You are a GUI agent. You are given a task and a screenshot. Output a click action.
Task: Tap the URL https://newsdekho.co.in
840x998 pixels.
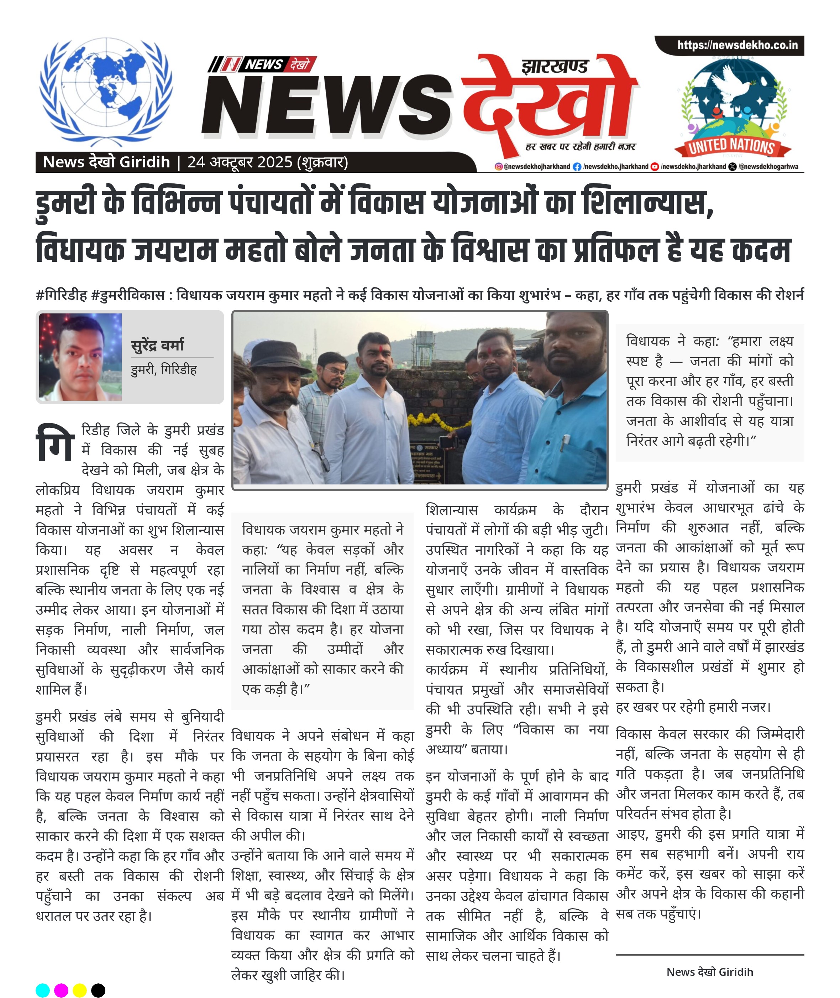point(737,45)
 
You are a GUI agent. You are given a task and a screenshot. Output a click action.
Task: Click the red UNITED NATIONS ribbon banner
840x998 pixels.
point(731,146)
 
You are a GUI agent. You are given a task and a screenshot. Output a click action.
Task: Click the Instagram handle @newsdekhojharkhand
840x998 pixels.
point(532,167)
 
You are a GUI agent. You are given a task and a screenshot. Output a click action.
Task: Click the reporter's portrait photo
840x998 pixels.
point(80,357)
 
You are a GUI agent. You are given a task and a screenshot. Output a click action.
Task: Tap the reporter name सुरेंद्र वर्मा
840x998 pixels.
point(157,344)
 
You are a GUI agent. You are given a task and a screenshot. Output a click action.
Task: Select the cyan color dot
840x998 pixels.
point(43,990)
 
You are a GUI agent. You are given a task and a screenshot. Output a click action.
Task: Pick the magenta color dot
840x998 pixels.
point(61,990)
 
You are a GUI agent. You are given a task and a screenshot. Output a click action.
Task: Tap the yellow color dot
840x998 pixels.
point(79,990)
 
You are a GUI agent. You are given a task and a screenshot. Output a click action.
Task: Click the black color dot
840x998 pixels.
point(98,990)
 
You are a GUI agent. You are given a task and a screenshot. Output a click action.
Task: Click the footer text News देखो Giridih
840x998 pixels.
point(709,972)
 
